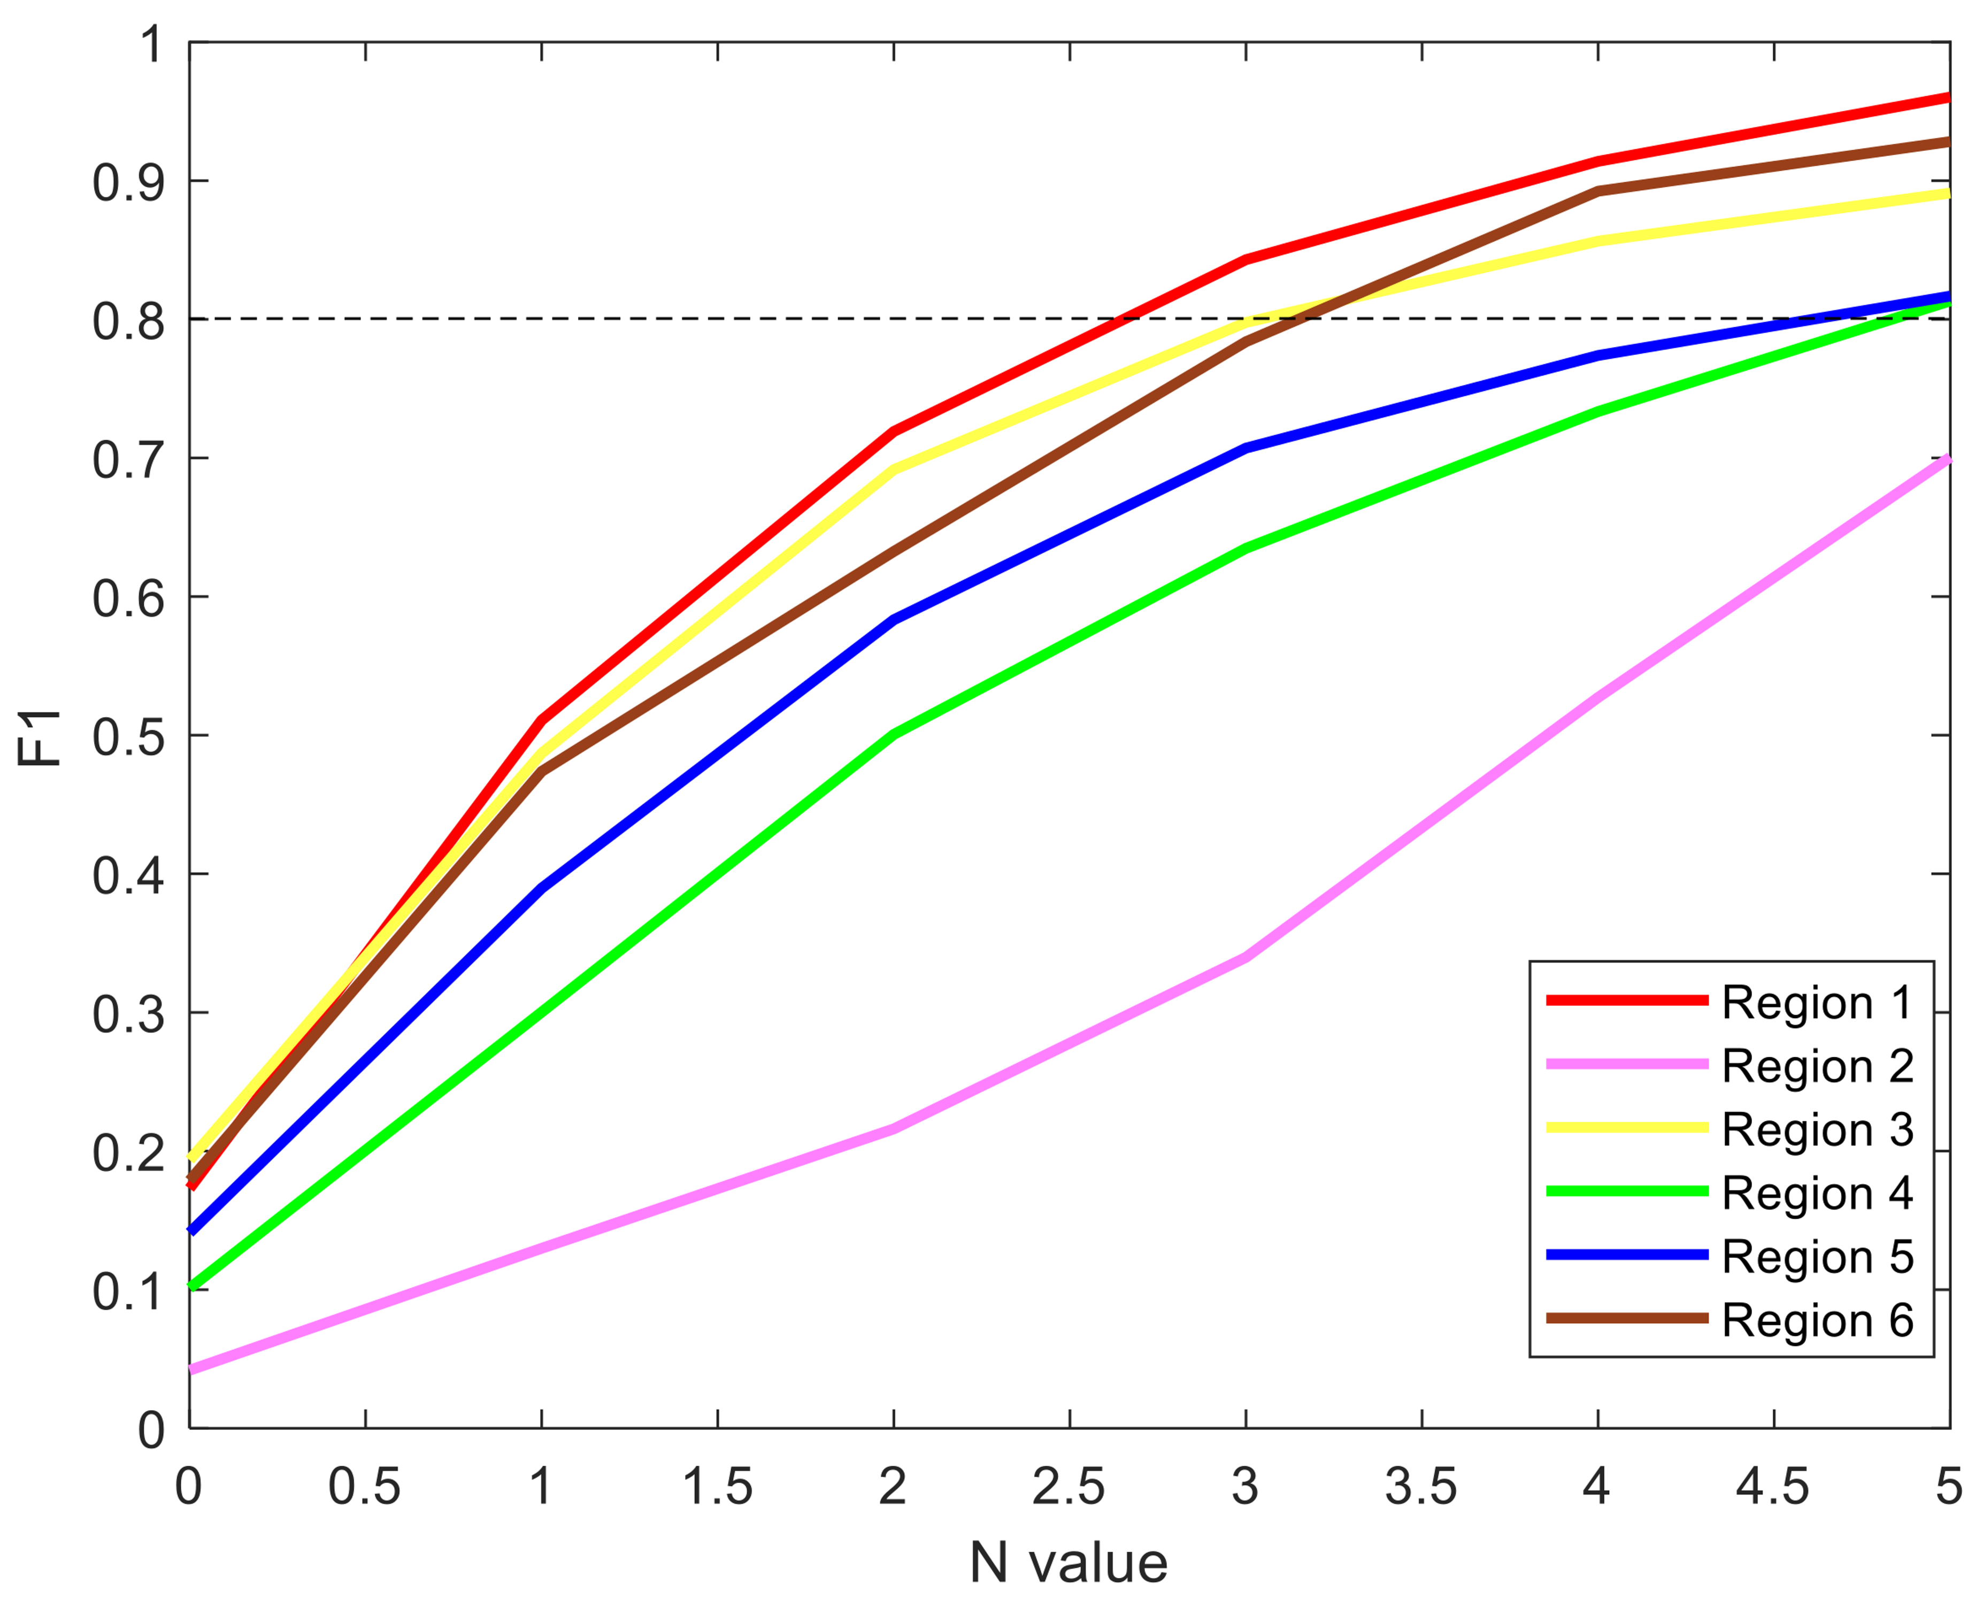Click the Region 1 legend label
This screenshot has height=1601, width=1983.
click(x=1817, y=1003)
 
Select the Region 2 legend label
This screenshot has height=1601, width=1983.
click(x=1817, y=1066)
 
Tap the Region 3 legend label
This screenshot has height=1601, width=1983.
click(x=1817, y=1130)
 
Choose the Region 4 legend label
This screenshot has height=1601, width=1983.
click(x=1817, y=1194)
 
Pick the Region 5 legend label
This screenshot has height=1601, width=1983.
click(x=1817, y=1257)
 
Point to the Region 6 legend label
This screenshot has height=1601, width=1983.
click(x=1817, y=1321)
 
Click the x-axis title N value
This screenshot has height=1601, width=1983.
click(x=1069, y=1563)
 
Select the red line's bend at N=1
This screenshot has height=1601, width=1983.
click(x=541, y=719)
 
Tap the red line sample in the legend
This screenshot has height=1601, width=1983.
click(x=1626, y=1000)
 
